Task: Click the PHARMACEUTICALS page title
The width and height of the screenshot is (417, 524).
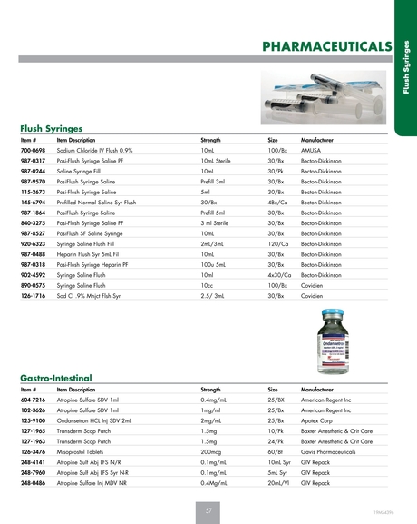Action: pyautogui.click(x=326, y=46)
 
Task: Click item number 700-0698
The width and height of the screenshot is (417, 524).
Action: pyautogui.click(x=33, y=150)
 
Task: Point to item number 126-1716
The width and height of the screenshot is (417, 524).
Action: pyautogui.click(x=33, y=297)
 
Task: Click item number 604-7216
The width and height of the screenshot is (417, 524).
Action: pyautogui.click(x=33, y=397)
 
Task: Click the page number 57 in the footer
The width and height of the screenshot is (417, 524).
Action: pyautogui.click(x=208, y=512)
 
